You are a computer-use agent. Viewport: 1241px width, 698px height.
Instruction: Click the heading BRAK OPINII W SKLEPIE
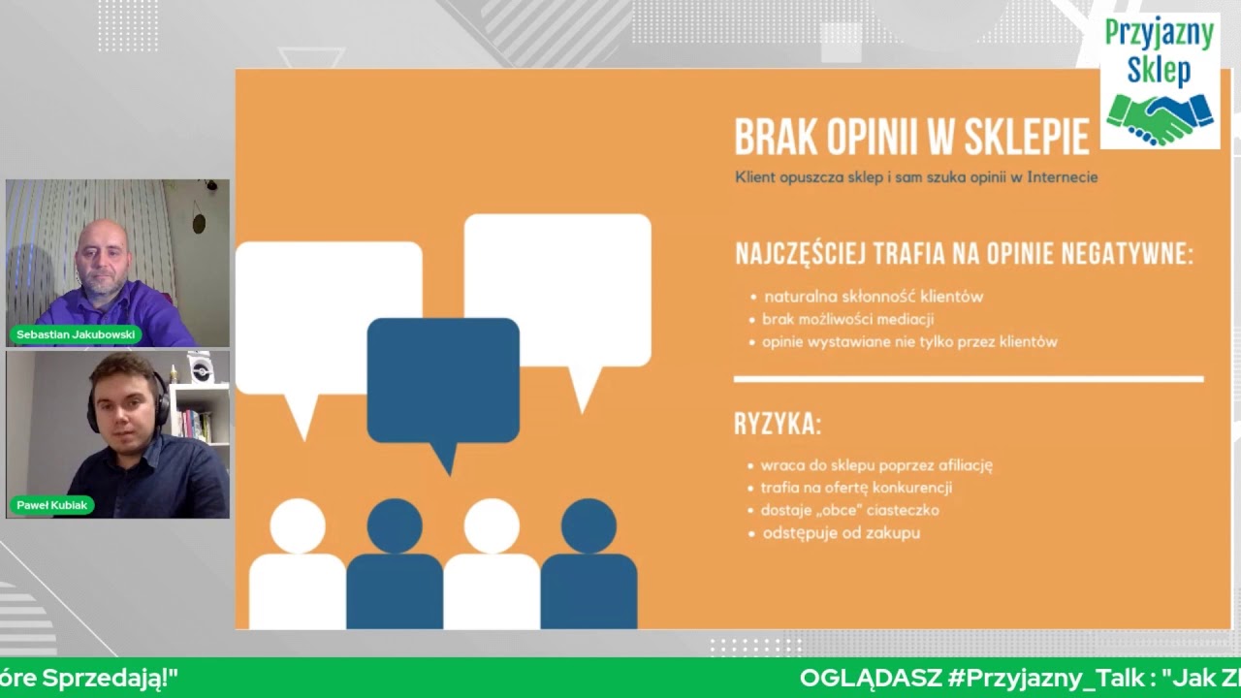pyautogui.click(x=911, y=139)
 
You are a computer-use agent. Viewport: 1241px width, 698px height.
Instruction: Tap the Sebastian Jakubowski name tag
pyautogui.click(x=76, y=334)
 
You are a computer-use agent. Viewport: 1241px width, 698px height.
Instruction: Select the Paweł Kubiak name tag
pyautogui.click(x=52, y=505)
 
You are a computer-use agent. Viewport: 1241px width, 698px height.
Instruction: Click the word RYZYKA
pyautogui.click(x=778, y=425)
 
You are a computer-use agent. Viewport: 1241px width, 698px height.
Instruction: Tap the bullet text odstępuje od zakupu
pyautogui.click(x=841, y=533)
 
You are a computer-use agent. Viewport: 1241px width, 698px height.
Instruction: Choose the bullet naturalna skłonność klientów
pyautogui.click(x=873, y=297)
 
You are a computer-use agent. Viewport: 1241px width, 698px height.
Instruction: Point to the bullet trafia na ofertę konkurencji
pyautogui.click(x=856, y=488)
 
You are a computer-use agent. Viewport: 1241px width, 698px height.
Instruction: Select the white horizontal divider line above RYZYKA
pyautogui.click(x=968, y=379)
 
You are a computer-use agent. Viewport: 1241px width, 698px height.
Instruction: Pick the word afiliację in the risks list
pyautogui.click(x=960, y=465)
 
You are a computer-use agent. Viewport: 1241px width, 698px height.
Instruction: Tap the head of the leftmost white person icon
pyautogui.click(x=298, y=525)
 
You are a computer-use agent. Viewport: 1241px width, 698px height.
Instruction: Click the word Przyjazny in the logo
pyautogui.click(x=1160, y=34)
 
